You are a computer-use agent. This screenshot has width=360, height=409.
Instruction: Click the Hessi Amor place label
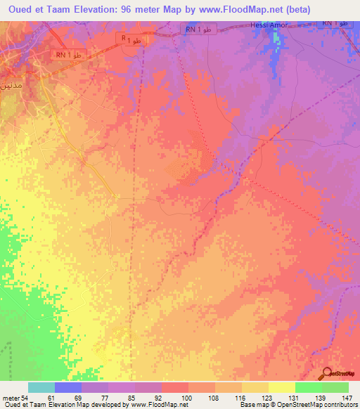click(x=269, y=25)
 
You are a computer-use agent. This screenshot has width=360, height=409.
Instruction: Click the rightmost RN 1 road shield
click(x=336, y=23)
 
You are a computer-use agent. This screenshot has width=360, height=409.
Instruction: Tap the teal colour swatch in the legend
click(x=41, y=387)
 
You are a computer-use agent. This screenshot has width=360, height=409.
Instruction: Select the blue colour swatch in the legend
click(x=68, y=387)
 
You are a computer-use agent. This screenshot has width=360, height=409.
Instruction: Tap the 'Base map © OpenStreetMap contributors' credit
click(x=297, y=405)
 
